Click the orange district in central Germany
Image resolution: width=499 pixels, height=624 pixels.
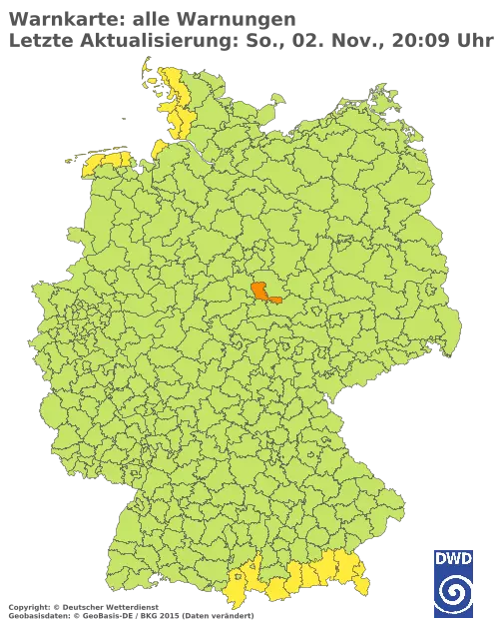pos(264,292)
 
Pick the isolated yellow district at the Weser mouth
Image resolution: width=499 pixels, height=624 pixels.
pos(158,151)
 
